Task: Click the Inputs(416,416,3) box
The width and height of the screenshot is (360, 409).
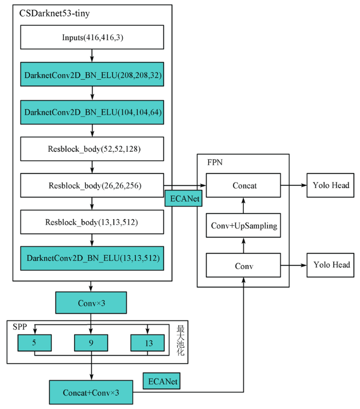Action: tap(92, 37)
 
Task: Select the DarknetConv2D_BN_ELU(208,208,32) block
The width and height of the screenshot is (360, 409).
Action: tap(92, 74)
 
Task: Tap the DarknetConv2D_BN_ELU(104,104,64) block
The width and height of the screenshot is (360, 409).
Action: tap(92, 112)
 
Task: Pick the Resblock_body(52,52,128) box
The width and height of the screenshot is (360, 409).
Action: tap(92, 149)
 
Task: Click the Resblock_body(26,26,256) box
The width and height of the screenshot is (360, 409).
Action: tap(92, 185)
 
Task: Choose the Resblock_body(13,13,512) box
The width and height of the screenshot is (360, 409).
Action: tap(92, 222)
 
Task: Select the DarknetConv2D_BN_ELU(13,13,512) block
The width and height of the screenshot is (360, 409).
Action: tap(92, 258)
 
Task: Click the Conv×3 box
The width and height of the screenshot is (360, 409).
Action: tap(91, 303)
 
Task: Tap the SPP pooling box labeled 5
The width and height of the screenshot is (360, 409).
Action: tap(34, 343)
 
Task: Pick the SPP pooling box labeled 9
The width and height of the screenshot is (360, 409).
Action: tap(91, 343)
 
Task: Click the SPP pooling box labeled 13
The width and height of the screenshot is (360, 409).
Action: tap(148, 343)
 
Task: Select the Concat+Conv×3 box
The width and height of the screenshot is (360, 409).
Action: tap(91, 393)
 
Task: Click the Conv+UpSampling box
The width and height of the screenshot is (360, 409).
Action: tap(243, 225)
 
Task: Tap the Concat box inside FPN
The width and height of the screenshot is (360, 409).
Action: tap(243, 185)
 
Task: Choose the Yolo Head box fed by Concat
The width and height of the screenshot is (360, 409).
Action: tap(330, 185)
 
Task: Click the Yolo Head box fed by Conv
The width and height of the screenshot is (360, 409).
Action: tap(330, 265)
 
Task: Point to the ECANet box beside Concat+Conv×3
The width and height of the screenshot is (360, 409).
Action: tap(161, 381)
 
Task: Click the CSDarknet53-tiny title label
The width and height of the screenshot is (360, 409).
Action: tap(55, 13)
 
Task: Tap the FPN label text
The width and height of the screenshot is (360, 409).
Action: tap(215, 162)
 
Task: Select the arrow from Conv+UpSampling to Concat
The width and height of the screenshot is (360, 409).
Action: tap(243, 205)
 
